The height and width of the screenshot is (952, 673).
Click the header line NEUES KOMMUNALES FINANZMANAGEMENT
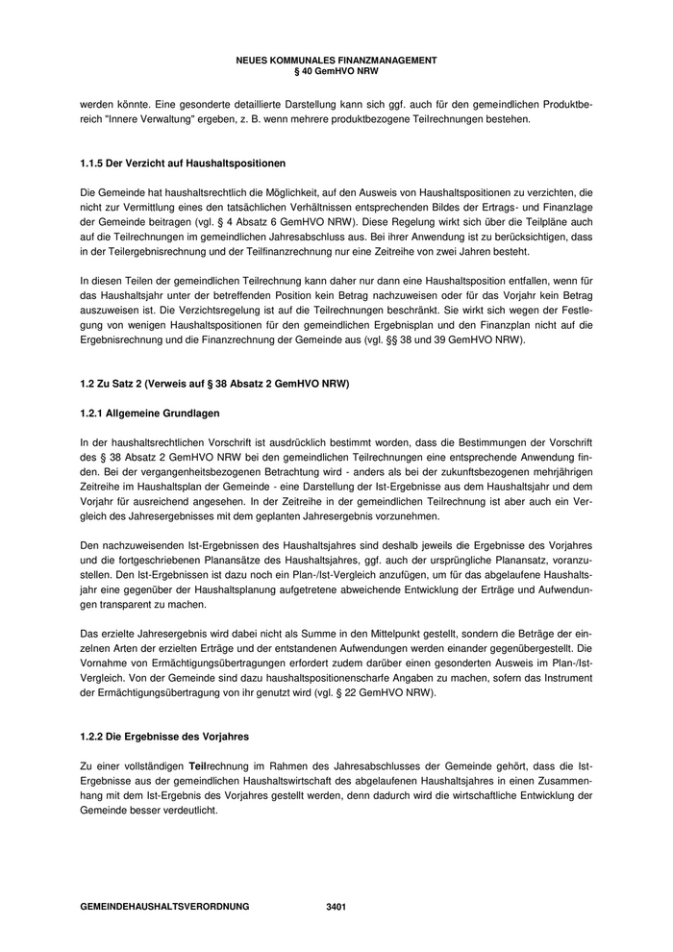coord(336,60)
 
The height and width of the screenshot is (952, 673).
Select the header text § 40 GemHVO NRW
coord(336,70)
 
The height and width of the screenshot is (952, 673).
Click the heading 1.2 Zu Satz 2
coord(213,385)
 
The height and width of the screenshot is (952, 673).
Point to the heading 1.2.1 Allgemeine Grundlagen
coord(150,413)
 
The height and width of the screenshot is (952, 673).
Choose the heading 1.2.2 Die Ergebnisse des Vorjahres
coord(164,737)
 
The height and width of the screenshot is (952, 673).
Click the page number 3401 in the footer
coord(336,907)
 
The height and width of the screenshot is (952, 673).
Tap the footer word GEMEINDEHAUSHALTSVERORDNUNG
coord(164,907)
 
